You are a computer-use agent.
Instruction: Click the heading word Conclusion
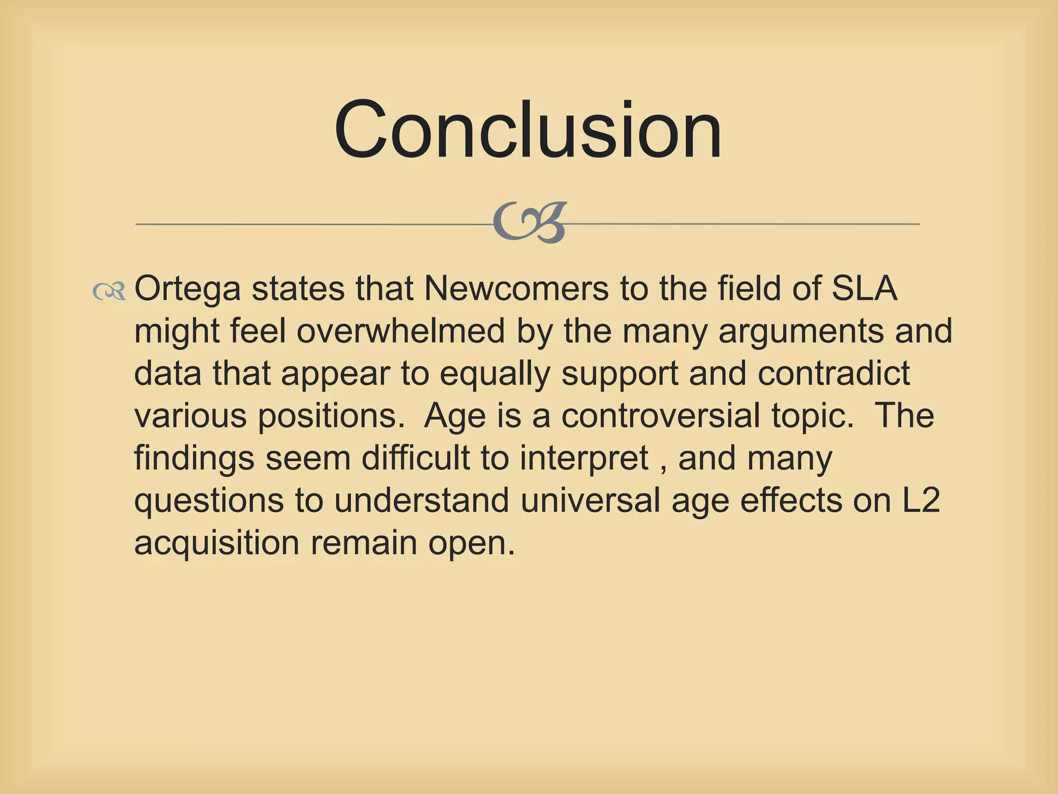click(528, 130)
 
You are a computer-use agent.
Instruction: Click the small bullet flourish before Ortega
click(109, 292)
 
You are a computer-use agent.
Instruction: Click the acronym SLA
click(864, 288)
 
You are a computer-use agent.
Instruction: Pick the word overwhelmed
click(400, 331)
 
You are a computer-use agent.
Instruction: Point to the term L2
click(921, 500)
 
